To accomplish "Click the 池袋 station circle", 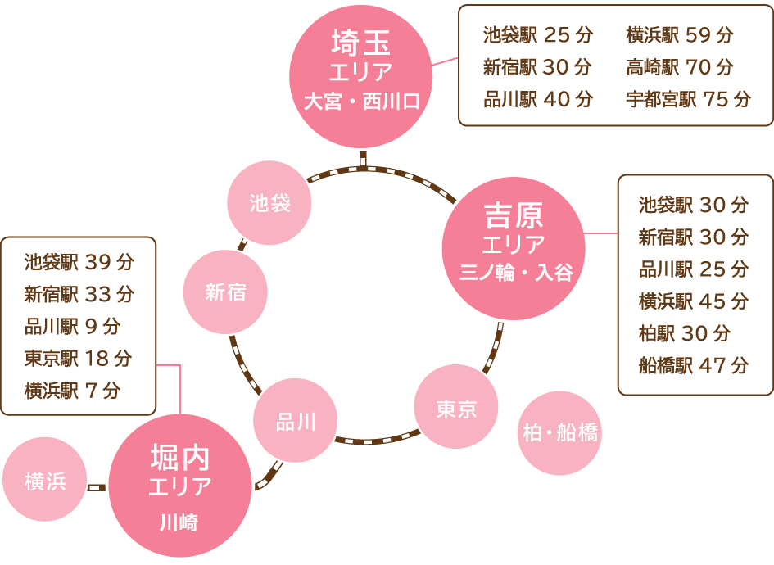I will pyautogui.click(x=269, y=202).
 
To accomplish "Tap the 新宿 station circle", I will pyautogui.click(x=225, y=292).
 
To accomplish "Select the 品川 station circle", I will pyautogui.click(x=296, y=422).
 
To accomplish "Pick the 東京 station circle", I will pyautogui.click(x=456, y=409).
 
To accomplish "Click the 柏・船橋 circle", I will pyautogui.click(x=560, y=432).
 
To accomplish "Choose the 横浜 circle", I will pyautogui.click(x=45, y=481).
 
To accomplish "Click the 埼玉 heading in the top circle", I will pyautogui.click(x=360, y=41).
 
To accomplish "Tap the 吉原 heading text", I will pyautogui.click(x=514, y=217).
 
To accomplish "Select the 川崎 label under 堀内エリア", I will pyautogui.click(x=179, y=522).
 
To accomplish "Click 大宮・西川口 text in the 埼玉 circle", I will pyautogui.click(x=361, y=102).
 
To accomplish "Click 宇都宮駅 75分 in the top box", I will pyautogui.click(x=688, y=99).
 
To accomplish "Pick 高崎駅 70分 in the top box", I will pyautogui.click(x=679, y=67).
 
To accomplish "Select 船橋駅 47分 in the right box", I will pyautogui.click(x=693, y=365).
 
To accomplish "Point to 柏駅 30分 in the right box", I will pyautogui.click(x=684, y=333).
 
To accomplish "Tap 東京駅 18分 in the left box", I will pyautogui.click(x=78, y=359).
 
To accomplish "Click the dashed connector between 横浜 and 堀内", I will pyautogui.click(x=97, y=486).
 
